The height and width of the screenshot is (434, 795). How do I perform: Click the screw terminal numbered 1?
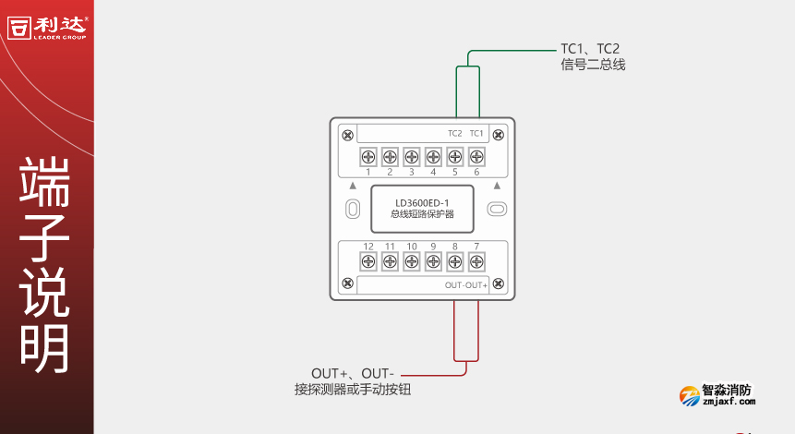367,156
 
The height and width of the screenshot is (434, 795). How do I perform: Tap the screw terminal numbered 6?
476,156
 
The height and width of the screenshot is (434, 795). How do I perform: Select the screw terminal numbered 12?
367,262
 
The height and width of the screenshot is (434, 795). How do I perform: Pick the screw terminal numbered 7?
476,262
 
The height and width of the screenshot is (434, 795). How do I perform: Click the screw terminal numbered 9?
433,262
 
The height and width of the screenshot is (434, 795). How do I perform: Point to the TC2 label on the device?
454,134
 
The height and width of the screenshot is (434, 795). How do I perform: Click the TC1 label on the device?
476,134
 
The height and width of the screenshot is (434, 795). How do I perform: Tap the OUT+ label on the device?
477,285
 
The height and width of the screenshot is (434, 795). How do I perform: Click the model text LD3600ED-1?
422,203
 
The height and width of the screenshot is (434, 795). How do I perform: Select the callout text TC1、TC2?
590,49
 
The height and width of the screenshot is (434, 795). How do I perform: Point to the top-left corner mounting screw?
347,135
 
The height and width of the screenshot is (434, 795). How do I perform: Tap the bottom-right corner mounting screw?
499,283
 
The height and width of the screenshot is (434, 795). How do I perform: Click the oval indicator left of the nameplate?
352,210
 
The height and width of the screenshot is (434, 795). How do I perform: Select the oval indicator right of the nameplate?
496,210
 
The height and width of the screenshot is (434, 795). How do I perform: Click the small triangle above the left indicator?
352,186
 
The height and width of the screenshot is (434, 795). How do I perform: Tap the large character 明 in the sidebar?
45,349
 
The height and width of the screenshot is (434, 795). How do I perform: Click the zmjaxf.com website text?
729,402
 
